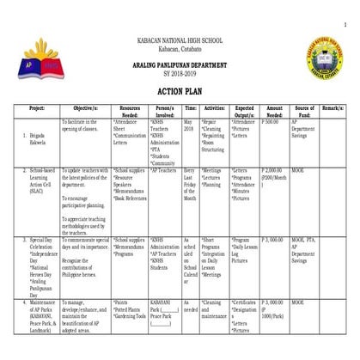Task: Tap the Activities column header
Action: [x=214, y=109]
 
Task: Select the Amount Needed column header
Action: [x=274, y=113]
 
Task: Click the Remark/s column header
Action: [x=333, y=109]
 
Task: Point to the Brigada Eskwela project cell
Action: [x=35, y=138]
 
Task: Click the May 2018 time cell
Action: [x=190, y=126]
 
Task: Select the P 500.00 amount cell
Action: [x=271, y=122]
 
